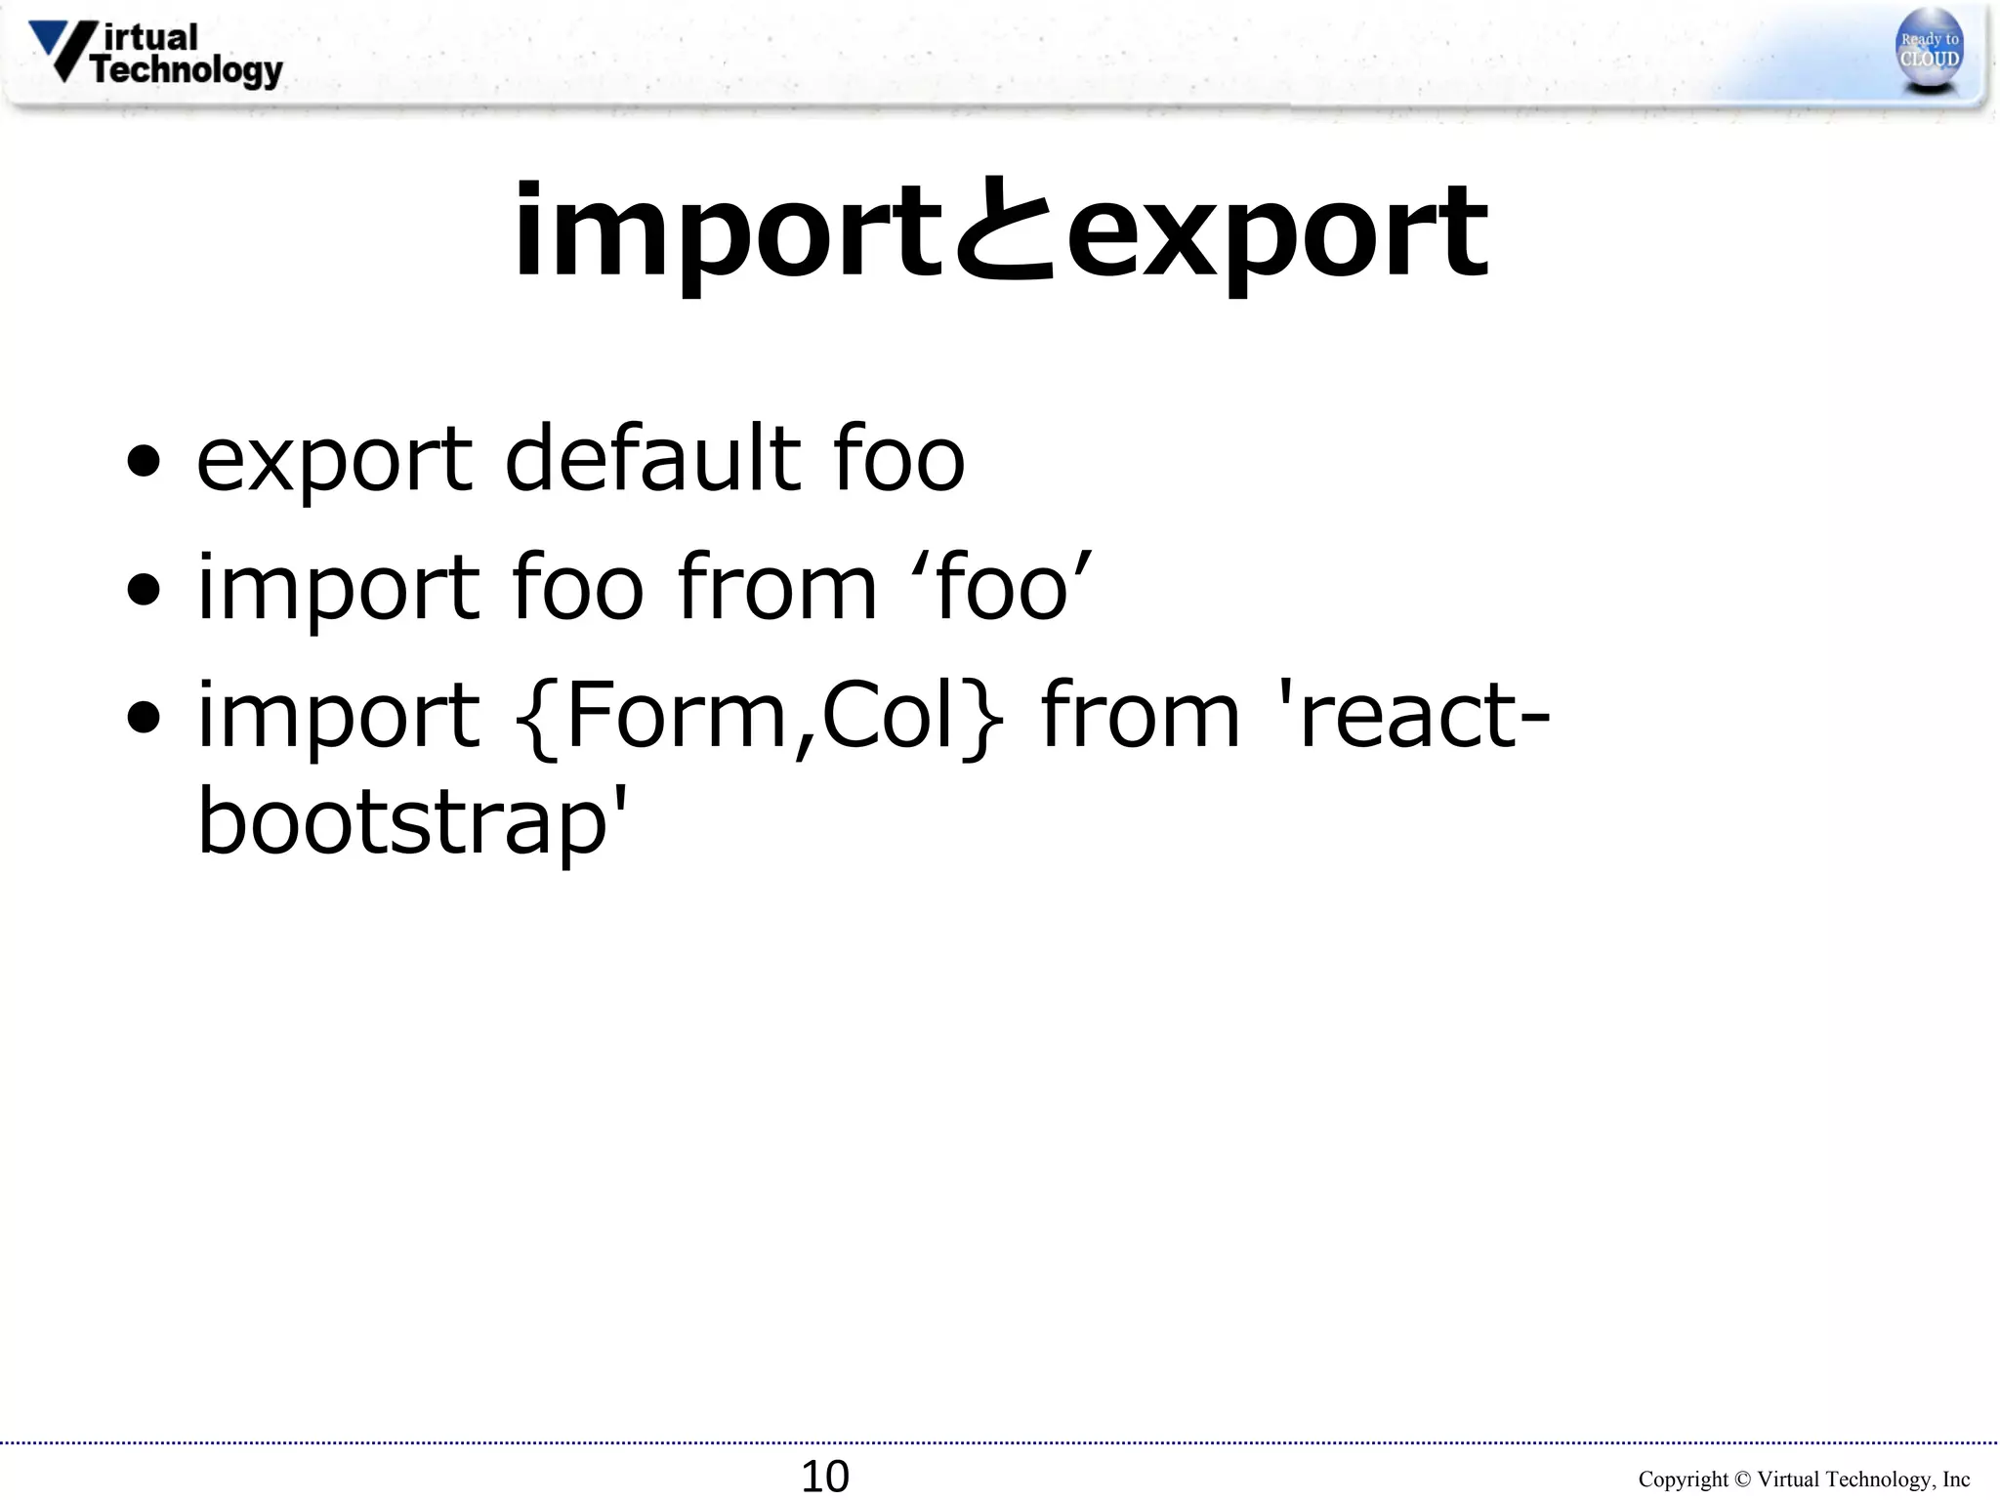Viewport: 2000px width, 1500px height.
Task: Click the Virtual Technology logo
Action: click(156, 54)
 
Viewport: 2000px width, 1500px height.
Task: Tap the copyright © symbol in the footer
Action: click(1742, 1479)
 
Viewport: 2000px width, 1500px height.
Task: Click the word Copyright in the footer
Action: click(1683, 1479)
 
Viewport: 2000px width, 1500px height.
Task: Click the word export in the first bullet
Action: click(335, 459)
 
